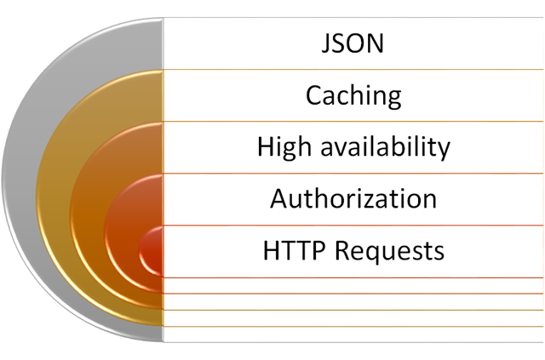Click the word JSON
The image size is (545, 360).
click(x=353, y=43)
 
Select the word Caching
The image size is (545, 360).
click(x=353, y=96)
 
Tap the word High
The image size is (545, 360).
click(x=284, y=147)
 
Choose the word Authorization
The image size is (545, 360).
click(x=353, y=198)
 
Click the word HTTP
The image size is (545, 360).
click(x=295, y=250)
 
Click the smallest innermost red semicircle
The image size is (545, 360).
click(x=153, y=251)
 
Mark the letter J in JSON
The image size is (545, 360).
click(x=325, y=44)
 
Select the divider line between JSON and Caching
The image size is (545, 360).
click(x=353, y=70)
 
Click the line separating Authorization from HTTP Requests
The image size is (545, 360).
click(x=353, y=226)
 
